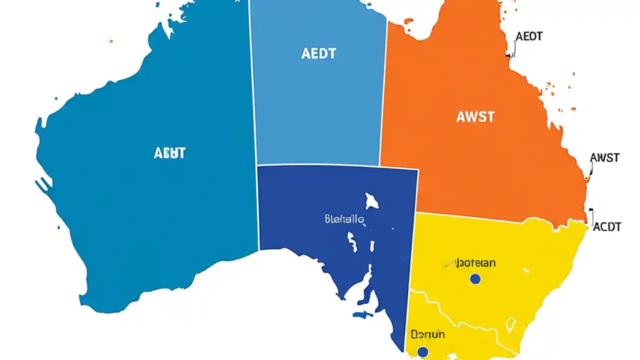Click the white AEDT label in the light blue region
point(318,53)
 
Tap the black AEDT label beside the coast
point(529,36)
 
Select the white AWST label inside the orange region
point(475,117)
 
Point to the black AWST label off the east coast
point(604,158)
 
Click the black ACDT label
point(606,227)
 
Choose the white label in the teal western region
point(169,153)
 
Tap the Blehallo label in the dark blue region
point(344,219)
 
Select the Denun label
point(427,334)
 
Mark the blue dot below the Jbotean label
point(475,279)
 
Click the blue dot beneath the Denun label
point(422,352)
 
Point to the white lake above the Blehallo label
point(371,201)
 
